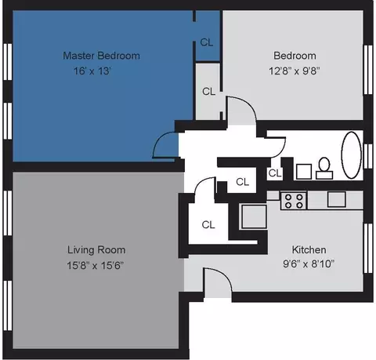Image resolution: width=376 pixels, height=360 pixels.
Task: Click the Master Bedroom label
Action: [101, 56]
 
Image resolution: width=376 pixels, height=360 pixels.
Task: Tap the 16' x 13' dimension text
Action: [92, 71]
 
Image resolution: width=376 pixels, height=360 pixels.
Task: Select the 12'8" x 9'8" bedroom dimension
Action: [295, 71]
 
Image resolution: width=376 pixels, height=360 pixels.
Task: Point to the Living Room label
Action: [96, 250]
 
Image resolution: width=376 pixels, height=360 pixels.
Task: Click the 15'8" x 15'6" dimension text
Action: [95, 265]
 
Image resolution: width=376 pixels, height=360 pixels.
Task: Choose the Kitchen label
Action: [309, 249]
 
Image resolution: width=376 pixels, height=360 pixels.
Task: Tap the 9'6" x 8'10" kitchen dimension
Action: [309, 264]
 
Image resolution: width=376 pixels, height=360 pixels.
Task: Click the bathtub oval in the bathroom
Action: [352, 155]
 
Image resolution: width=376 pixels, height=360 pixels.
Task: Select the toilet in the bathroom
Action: [324, 169]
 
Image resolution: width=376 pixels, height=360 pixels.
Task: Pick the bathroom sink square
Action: [304, 172]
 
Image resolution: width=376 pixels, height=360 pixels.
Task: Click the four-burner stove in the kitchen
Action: [294, 201]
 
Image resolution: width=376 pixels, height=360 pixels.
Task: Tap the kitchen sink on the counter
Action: [337, 199]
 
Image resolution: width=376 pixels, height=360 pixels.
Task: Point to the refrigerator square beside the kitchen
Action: [254, 216]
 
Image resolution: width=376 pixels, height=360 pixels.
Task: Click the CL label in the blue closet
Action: [207, 42]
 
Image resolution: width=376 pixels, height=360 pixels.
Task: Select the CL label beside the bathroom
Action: [275, 173]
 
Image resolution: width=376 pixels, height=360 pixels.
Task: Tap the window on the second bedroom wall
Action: [368, 70]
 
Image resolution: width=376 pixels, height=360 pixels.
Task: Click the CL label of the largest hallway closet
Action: [208, 224]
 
